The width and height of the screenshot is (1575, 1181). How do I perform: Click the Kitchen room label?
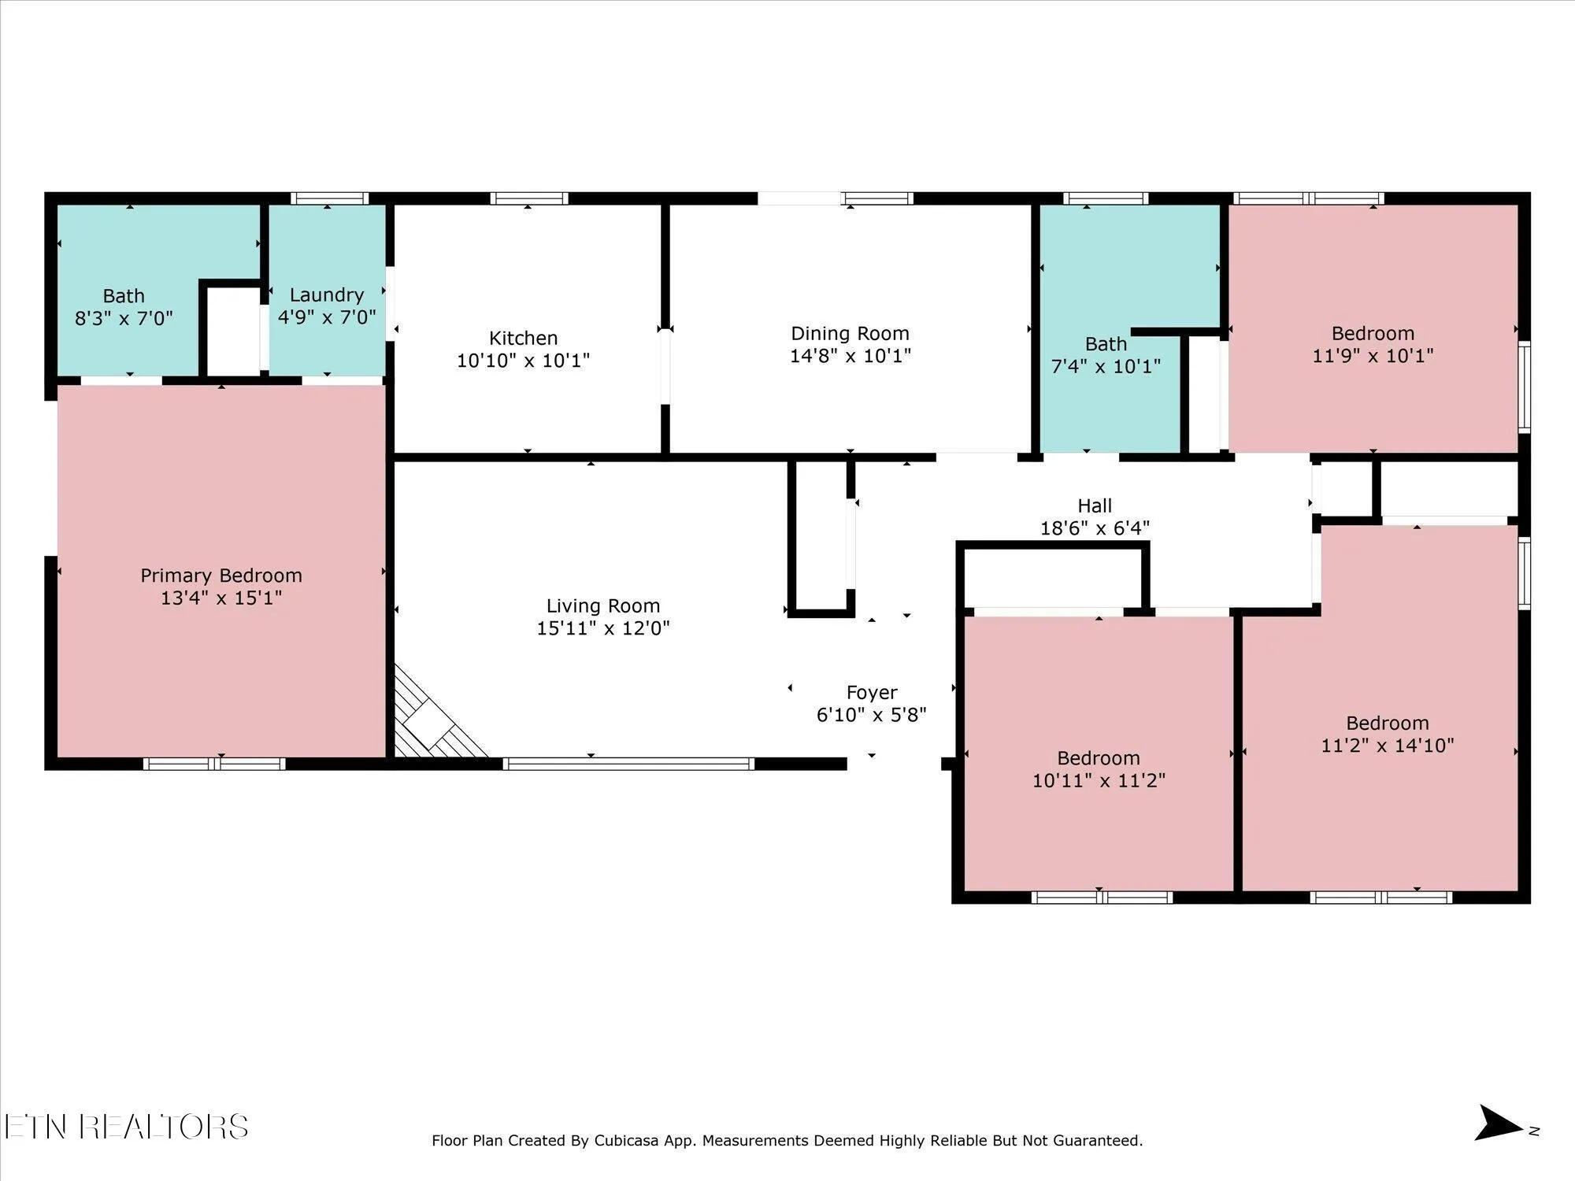523,339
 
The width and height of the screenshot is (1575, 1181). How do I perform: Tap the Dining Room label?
850,334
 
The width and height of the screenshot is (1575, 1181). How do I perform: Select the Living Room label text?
603,606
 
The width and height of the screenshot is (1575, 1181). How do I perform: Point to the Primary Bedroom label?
221,576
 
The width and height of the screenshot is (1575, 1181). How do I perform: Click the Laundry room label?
327,295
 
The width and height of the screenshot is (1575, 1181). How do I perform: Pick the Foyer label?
872,693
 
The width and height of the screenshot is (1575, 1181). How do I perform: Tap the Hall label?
1095,505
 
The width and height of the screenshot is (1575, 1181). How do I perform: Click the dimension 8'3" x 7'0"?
124,318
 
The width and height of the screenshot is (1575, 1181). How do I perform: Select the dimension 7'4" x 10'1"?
1106,366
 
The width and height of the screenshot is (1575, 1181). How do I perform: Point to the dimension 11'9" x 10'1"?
1373,356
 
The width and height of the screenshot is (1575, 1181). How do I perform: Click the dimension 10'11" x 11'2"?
1099,780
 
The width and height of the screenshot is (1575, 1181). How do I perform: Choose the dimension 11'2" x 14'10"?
1387,746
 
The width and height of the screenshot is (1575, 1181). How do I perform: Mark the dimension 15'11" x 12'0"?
603,628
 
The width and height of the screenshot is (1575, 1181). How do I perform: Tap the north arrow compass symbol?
1499,1124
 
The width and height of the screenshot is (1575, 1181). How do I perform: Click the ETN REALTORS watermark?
126,1127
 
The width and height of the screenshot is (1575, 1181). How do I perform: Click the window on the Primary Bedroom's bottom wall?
214,763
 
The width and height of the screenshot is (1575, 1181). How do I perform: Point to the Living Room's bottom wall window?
628,763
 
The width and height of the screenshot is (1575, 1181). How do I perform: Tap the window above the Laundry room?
329,198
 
